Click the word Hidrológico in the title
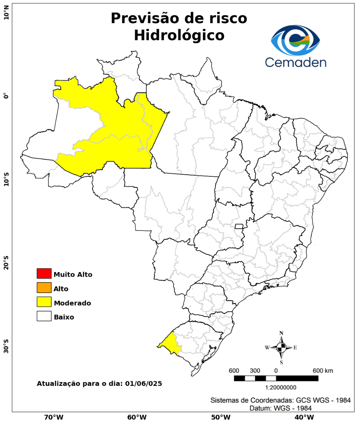click(x=179, y=35)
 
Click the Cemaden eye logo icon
click(x=296, y=40)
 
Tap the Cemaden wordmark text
click(x=295, y=62)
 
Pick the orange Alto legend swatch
click(x=44, y=288)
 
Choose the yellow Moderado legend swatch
click(x=44, y=302)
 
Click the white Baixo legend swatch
click(x=44, y=316)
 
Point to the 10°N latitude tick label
click(x=6, y=15)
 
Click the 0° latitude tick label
click(x=6, y=96)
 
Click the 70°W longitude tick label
click(x=54, y=417)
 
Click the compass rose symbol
click(x=281, y=347)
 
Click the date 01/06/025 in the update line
click(x=143, y=383)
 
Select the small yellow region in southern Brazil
click(x=170, y=344)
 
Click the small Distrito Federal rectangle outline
click(x=239, y=226)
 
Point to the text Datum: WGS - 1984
click(x=281, y=408)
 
